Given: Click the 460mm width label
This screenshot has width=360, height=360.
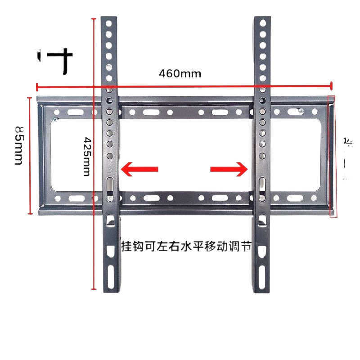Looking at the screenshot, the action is (x=180, y=73).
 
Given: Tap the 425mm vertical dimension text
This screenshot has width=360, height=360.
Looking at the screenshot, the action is (x=87, y=157).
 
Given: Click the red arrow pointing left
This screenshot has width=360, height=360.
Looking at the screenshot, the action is (x=139, y=169).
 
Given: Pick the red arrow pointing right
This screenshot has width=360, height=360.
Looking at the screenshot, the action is (x=229, y=169).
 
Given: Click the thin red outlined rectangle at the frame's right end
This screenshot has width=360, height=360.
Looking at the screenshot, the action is (x=333, y=156).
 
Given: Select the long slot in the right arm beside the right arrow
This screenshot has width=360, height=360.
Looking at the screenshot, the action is (x=262, y=185).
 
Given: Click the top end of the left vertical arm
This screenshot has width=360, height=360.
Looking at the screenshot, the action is (x=109, y=19).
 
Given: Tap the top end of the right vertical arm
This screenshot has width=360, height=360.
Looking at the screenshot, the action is (x=261, y=19).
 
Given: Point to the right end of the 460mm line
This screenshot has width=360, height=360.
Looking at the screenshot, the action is (x=332, y=85).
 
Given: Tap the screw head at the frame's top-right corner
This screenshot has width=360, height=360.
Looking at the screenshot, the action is (x=300, y=109).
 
